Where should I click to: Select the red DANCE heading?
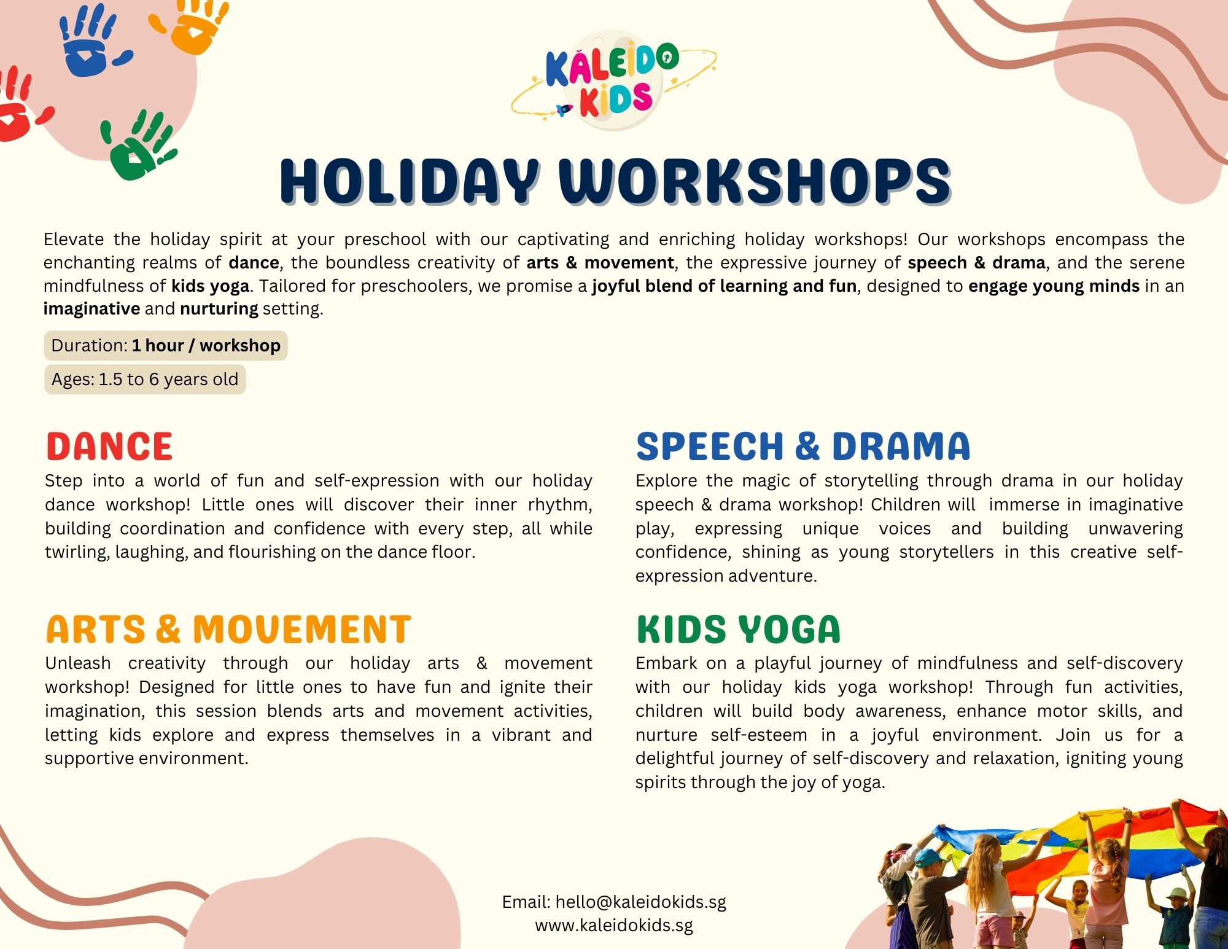click(109, 446)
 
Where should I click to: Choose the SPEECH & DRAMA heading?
click(802, 446)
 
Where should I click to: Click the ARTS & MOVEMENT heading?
click(228, 629)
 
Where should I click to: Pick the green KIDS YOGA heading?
click(738, 629)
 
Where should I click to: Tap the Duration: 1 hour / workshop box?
click(166, 345)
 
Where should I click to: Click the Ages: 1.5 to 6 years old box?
click(145, 379)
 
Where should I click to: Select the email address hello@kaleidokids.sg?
click(640, 902)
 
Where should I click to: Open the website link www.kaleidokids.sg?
click(614, 925)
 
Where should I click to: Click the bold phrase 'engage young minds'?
click(1054, 286)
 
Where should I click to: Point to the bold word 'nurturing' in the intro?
click(219, 308)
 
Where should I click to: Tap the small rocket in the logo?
click(564, 110)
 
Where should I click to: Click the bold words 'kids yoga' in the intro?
click(210, 286)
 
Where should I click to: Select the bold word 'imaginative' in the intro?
click(91, 308)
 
